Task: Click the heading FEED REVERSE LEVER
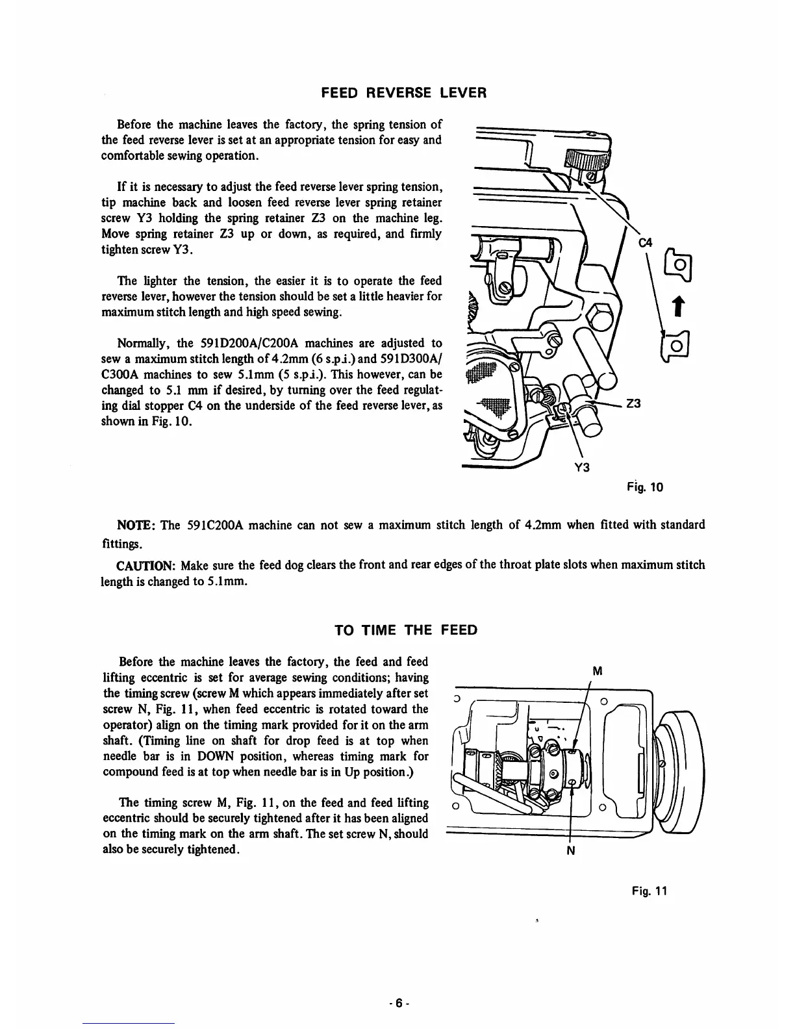click(404, 93)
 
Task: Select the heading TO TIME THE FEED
click(405, 630)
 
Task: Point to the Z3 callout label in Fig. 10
click(633, 403)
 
